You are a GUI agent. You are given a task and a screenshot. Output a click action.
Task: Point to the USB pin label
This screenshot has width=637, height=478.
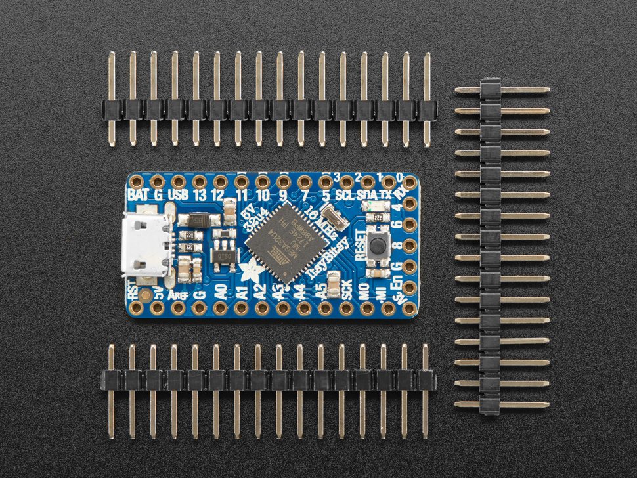178,195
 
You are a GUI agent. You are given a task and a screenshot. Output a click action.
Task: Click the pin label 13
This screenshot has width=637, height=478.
200,195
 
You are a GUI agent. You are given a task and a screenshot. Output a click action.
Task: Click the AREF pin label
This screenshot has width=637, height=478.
177,293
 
